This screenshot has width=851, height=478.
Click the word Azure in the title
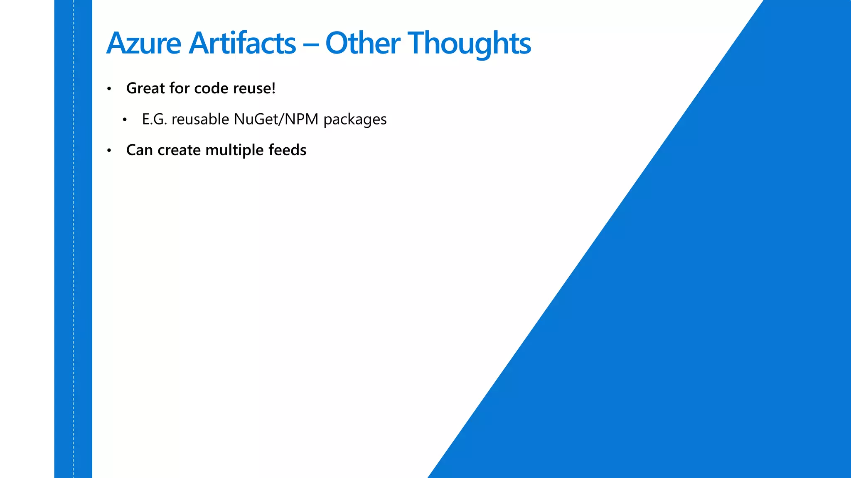[144, 43]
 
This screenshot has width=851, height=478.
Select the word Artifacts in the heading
[242, 43]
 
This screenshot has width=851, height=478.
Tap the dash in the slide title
[310, 44]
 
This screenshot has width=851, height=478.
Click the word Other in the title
[363, 43]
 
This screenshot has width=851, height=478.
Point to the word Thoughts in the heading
[469, 44]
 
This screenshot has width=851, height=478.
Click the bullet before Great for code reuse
[109, 89]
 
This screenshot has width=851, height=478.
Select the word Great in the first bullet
[145, 88]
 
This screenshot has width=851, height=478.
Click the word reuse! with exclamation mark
[254, 88]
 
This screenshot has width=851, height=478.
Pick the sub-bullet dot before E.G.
[125, 120]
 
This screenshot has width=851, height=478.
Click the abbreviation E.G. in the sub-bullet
[154, 119]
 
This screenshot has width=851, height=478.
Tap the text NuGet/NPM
[276, 119]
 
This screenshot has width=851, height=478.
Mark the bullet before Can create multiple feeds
[109, 151]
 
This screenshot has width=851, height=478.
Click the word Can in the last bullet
[139, 150]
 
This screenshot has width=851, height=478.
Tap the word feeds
[287, 150]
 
